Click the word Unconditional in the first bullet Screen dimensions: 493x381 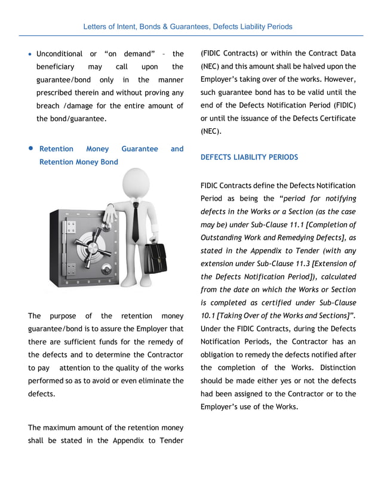tap(59, 54)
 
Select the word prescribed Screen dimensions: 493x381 tap(57, 93)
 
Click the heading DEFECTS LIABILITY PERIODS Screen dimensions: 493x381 tap(249, 158)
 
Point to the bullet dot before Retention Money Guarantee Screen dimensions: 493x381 tap(30, 149)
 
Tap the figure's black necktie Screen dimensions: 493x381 tap(136, 221)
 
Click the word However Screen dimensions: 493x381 tap(339, 79)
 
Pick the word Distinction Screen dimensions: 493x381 tap(334, 368)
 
